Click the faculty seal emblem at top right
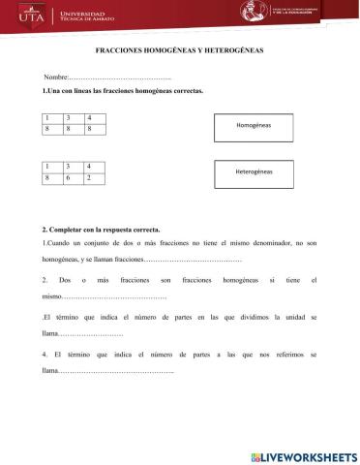tap(254, 12)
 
